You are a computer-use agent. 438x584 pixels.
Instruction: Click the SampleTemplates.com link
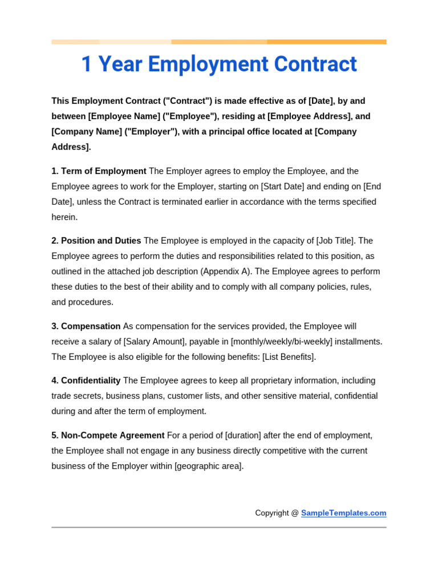click(343, 513)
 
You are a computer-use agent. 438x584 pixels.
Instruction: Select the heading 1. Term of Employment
click(99, 171)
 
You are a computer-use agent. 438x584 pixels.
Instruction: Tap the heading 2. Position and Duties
click(96, 241)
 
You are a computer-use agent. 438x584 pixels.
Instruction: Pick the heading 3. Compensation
click(86, 326)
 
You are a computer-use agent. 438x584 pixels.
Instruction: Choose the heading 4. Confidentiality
click(86, 380)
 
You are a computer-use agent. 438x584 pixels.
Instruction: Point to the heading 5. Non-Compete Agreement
click(108, 435)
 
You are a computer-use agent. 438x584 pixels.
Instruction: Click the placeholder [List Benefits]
click(288, 357)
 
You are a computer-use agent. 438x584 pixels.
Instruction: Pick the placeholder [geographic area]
click(209, 466)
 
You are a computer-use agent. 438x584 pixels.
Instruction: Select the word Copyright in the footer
click(272, 513)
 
